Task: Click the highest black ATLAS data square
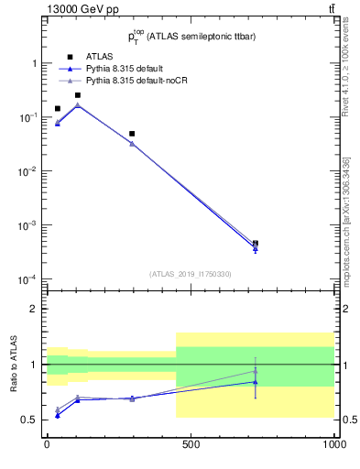click(x=78, y=95)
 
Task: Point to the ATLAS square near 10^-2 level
click(x=132, y=134)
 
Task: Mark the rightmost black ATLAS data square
click(x=256, y=244)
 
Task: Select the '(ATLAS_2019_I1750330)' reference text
click(x=191, y=274)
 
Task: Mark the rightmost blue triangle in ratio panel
click(x=256, y=382)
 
